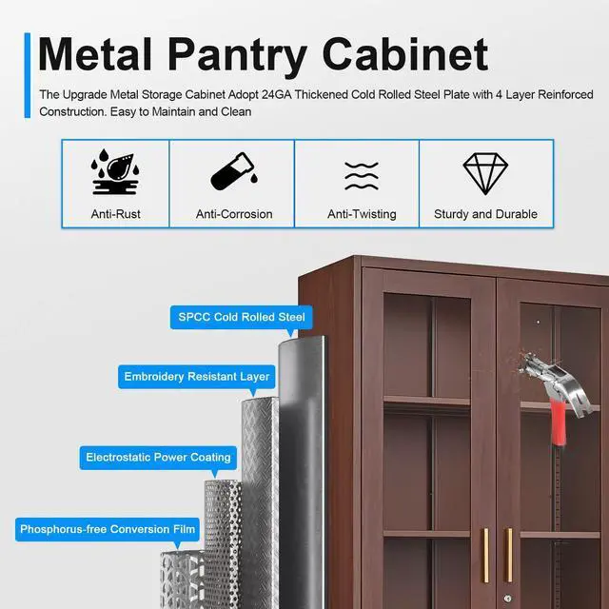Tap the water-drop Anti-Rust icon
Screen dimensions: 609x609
coord(115,173)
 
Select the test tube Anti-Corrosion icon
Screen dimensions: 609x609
coord(233,173)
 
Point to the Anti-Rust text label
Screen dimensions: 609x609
coord(115,214)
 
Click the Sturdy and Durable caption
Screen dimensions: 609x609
coord(485,214)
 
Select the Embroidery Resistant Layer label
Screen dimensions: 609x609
coord(197,377)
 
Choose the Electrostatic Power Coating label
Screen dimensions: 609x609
coord(158,458)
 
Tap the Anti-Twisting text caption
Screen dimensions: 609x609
coord(362,214)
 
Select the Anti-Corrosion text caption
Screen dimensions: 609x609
coord(234,214)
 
